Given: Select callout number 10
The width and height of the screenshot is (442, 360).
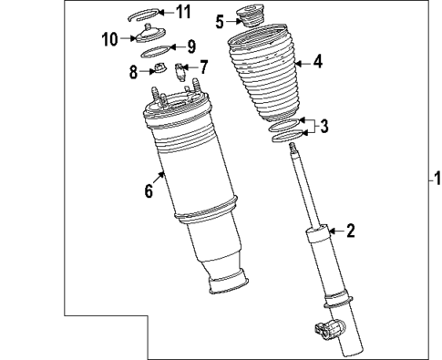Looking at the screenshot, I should pyautogui.click(x=109, y=38).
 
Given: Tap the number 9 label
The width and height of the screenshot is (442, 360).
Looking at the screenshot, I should pyautogui.click(x=191, y=46).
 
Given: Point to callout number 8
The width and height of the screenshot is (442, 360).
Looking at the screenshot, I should pyautogui.click(x=133, y=70).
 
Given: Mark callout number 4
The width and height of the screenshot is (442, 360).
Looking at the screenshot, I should pyautogui.click(x=317, y=63).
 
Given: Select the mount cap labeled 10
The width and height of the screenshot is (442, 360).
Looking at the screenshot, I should pyautogui.click(x=145, y=35).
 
